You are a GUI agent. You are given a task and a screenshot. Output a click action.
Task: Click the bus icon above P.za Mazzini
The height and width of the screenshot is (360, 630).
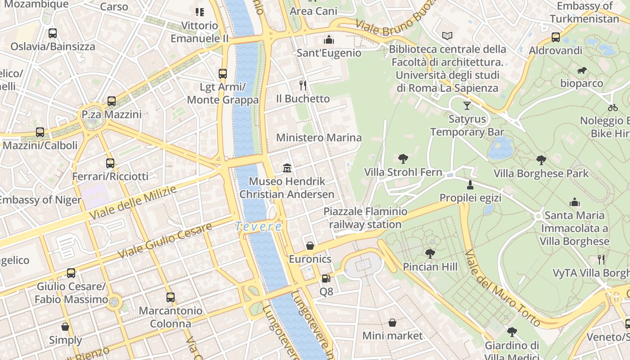[x=112, y=101]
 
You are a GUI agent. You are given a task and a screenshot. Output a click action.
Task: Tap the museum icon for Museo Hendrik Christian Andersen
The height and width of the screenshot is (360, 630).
[x=287, y=168]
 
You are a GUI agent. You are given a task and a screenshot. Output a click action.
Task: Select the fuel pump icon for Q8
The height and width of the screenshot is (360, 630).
[x=326, y=279]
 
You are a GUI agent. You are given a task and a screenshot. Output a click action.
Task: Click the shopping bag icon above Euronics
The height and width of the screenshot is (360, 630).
[x=310, y=246]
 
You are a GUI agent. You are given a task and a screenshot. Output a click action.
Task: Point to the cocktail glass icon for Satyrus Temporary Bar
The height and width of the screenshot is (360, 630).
[x=467, y=106]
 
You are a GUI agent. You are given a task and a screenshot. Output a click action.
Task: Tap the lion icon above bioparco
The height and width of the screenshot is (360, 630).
[x=581, y=70]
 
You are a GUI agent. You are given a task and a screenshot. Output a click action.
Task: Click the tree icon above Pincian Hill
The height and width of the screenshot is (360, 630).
[x=430, y=254]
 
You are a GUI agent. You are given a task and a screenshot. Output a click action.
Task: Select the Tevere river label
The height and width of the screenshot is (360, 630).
[x=258, y=226]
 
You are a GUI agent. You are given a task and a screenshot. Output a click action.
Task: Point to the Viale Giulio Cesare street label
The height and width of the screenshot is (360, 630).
[x=164, y=241]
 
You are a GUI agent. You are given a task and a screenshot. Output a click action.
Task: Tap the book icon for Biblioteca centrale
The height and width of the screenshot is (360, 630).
[x=447, y=36]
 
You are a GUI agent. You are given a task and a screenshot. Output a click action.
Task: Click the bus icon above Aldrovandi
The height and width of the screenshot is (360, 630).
[x=556, y=37]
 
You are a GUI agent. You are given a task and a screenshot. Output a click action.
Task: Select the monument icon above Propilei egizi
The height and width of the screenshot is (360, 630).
[x=470, y=184]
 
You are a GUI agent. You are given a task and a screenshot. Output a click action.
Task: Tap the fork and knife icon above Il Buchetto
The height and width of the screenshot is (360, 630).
[x=303, y=85]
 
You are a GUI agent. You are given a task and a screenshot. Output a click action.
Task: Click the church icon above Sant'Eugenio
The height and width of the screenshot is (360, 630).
[x=329, y=40]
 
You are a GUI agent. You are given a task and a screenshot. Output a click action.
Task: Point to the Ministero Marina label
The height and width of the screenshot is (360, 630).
[x=319, y=138]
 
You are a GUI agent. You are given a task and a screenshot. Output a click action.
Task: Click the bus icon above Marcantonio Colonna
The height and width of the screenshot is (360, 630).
[x=170, y=297]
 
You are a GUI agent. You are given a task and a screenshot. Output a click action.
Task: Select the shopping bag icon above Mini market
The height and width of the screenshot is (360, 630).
[x=392, y=323]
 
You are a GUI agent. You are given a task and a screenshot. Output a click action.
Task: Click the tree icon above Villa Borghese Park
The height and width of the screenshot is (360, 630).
[x=541, y=160]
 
